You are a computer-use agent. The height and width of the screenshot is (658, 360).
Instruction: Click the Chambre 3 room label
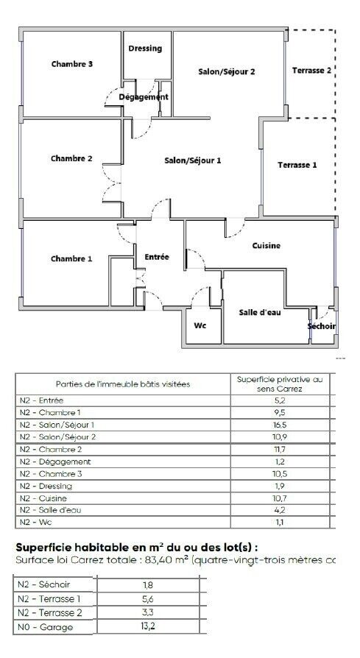pos(71,64)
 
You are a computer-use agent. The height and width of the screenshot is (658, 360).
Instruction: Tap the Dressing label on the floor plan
pos(145,49)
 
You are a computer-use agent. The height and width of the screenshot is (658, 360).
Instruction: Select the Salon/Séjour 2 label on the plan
pos(226,71)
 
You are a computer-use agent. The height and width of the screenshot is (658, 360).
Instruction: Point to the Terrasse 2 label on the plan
pos(311,71)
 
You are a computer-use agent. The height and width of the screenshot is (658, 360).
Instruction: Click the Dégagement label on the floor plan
pos(144,96)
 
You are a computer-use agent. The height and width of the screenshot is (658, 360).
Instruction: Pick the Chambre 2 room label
pos(71,158)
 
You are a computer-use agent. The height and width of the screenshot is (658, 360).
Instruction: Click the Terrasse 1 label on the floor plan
pos(297,165)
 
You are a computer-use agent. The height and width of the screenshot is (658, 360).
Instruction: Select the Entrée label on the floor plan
pos(157,257)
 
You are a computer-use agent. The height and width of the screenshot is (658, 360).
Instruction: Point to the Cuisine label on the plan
pos(266,246)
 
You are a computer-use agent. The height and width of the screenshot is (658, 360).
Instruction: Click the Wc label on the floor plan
pos(200,325)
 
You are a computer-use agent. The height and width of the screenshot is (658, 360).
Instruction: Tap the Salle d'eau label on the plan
pos(260,312)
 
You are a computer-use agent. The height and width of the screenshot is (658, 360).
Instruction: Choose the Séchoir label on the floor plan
pos(321,326)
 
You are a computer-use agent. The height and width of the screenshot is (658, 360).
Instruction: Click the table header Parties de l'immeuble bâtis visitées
pos(123,383)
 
